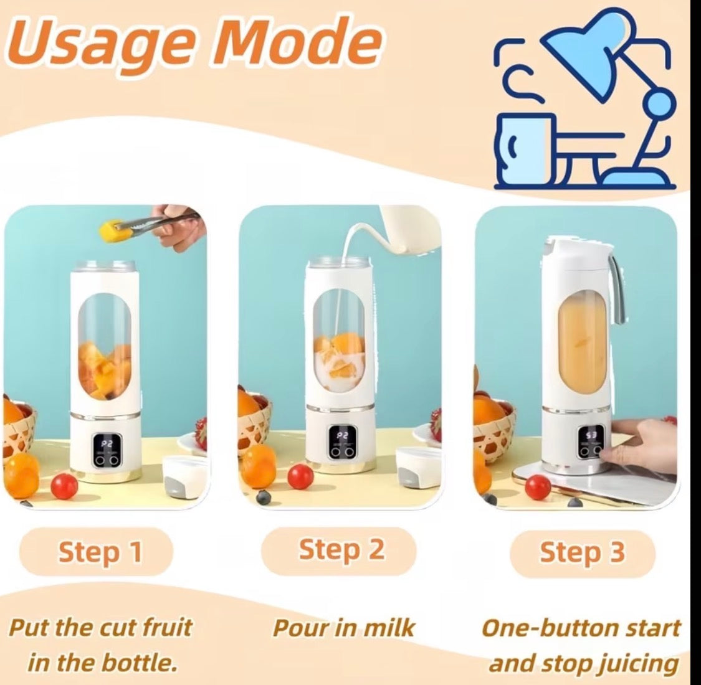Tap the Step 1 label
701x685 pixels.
[x=100, y=552]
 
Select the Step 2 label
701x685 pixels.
[x=341, y=550]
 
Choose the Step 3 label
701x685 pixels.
[x=582, y=552]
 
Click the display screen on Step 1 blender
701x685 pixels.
[x=107, y=445]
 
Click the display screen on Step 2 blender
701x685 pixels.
[x=342, y=438]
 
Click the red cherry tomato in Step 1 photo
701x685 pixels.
[x=64, y=485]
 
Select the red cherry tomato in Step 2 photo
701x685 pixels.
[x=300, y=476]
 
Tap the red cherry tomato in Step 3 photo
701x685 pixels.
[x=537, y=486]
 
